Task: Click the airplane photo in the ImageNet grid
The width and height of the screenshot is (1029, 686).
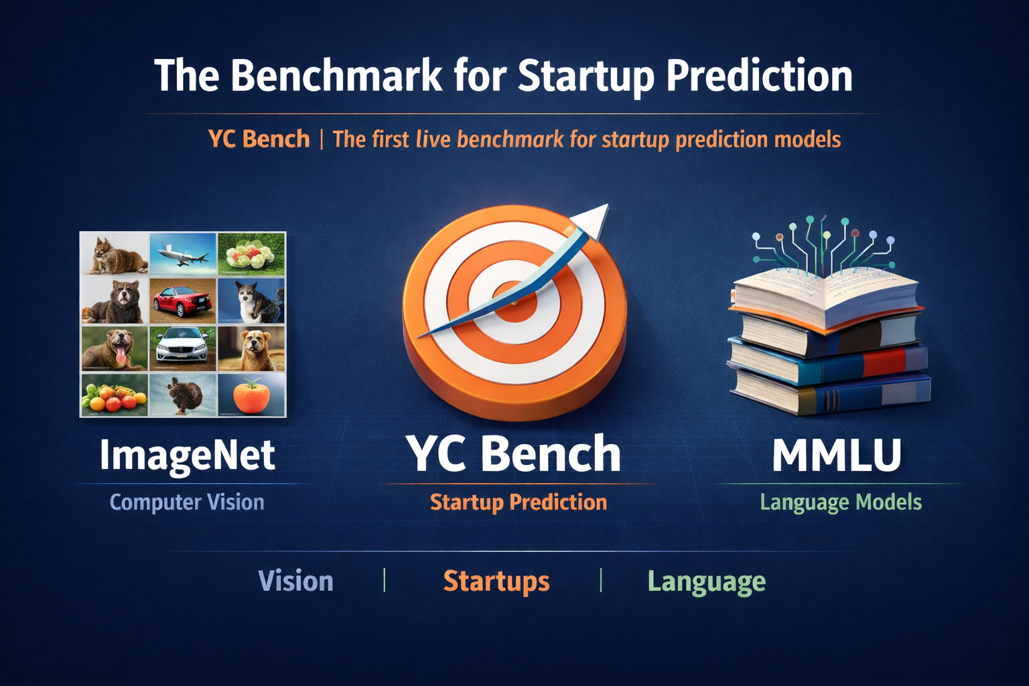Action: point(182,255)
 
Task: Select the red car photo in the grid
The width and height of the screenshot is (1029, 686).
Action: point(182,299)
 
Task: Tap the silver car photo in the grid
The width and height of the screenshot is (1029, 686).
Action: point(182,346)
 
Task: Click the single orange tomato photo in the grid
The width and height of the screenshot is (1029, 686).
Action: point(252,395)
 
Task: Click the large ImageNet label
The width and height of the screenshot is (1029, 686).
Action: point(187,456)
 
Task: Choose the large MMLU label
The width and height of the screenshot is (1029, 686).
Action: point(837,456)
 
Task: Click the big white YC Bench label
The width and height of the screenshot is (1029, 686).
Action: point(514,454)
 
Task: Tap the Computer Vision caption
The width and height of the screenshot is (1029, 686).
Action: point(187,502)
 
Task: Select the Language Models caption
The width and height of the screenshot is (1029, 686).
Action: point(841,502)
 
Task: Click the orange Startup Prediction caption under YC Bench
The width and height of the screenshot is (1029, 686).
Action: point(518,502)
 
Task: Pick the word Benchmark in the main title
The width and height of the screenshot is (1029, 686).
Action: point(336,75)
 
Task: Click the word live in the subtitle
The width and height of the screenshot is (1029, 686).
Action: point(433,139)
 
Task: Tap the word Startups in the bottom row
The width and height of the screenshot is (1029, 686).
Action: point(496,581)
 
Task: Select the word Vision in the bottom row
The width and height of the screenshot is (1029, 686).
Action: point(295,581)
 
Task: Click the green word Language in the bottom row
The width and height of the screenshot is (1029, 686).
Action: point(706,581)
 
